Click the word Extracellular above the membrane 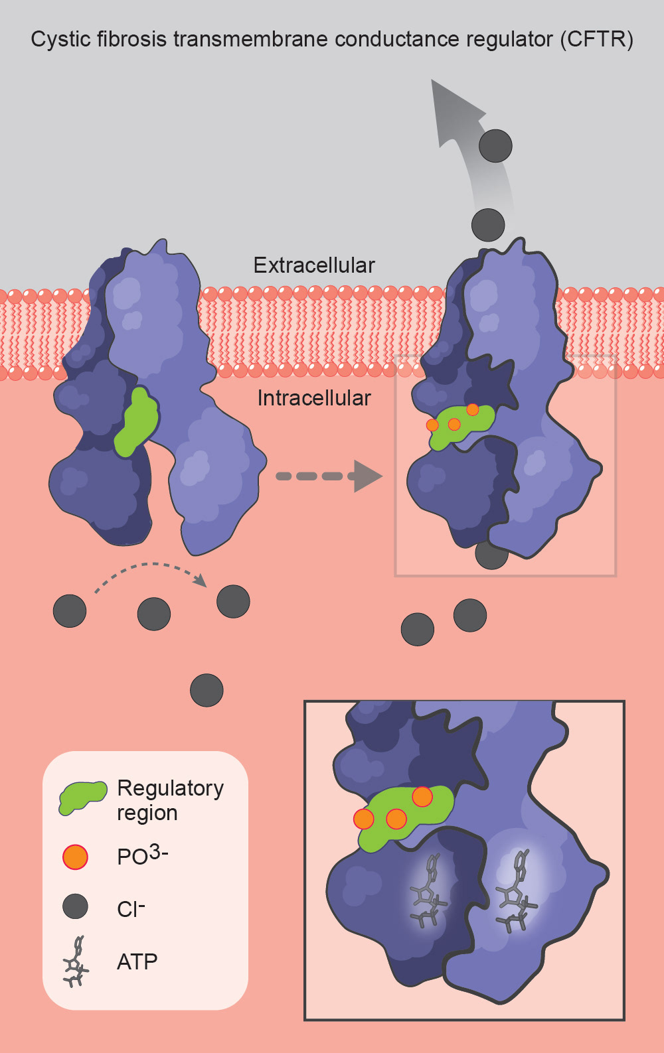click(314, 265)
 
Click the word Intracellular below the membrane click(314, 398)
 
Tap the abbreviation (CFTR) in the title click(596, 40)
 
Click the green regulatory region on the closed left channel click(137, 423)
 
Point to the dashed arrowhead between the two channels click(367, 476)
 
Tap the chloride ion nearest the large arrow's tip click(495, 146)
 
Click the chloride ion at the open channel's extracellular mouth click(488, 225)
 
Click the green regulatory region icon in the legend click(82, 797)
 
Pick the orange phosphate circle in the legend click(75, 857)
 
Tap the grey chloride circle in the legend click(75, 906)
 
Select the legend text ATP click(137, 961)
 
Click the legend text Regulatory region click(170, 800)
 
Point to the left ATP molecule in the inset click(428, 893)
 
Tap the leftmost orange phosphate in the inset click(364, 819)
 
